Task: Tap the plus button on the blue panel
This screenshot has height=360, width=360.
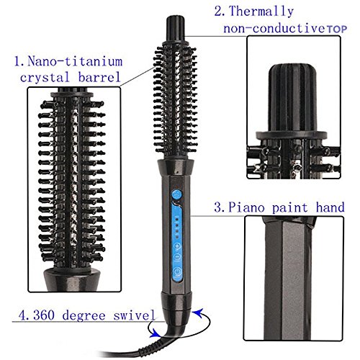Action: click(177, 246)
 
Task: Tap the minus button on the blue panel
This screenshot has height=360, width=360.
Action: click(177, 256)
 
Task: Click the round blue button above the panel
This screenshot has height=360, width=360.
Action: click(176, 194)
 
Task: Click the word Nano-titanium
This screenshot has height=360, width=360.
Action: click(75, 61)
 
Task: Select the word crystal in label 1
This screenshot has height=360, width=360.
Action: click(45, 78)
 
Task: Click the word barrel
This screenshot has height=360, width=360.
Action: click(99, 77)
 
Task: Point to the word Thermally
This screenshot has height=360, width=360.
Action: click(261, 12)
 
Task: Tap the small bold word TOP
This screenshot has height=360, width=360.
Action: click(337, 30)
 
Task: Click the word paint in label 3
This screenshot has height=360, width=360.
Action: click(289, 207)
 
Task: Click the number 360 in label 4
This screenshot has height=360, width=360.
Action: click(44, 315)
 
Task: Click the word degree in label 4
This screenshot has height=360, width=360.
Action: click(84, 315)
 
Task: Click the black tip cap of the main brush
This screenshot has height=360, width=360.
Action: click(176, 29)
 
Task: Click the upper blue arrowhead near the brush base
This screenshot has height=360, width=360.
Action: click(199, 313)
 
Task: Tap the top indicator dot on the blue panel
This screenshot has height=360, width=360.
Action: click(177, 219)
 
